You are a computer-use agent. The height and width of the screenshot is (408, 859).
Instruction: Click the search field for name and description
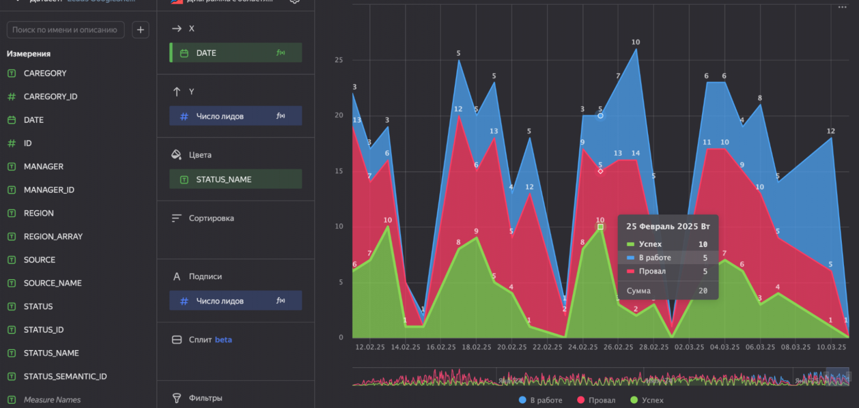[x=65, y=30]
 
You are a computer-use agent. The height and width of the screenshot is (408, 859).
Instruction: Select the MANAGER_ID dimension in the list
[x=49, y=190]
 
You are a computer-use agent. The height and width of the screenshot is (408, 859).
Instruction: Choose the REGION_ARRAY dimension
[x=53, y=237]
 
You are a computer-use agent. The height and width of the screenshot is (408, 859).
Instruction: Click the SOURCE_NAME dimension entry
[x=52, y=283]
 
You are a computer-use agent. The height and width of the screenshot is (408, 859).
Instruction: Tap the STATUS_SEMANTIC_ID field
[x=65, y=377]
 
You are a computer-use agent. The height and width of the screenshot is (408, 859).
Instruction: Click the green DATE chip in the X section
[x=235, y=53]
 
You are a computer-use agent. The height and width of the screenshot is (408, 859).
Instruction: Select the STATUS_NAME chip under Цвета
[x=235, y=180]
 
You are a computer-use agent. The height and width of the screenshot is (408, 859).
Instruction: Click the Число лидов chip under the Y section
[x=235, y=116]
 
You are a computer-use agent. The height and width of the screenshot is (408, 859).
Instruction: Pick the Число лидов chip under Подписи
[x=235, y=301]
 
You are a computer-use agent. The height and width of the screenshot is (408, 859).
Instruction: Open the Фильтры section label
[x=205, y=398]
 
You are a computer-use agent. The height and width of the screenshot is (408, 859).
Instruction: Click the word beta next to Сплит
[x=223, y=340]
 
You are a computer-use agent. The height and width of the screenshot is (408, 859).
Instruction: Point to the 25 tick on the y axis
[x=339, y=60]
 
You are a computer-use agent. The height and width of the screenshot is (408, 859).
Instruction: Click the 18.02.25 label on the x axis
[x=476, y=347]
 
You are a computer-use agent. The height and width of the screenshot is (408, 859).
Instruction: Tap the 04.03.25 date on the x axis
[x=724, y=347]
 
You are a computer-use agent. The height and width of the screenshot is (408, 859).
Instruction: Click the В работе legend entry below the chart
[x=541, y=400]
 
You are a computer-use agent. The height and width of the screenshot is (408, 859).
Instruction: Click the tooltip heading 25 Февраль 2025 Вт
[x=668, y=227]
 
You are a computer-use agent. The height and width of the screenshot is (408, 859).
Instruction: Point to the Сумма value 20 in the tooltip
[x=703, y=291]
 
